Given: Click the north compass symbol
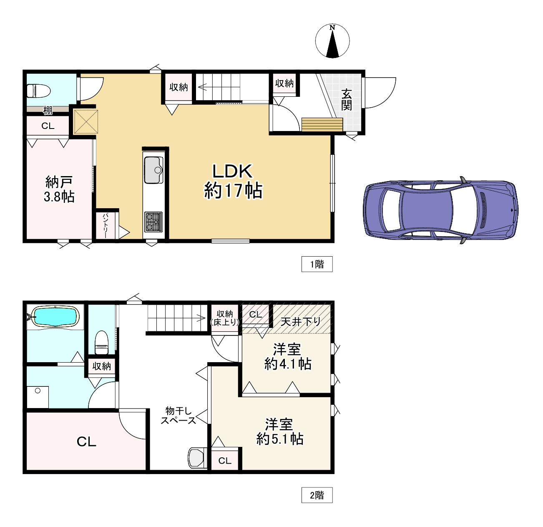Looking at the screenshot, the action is coord(332,41).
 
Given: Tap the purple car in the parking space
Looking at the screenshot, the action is coord(440,210).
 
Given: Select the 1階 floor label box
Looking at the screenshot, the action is coord(317,264).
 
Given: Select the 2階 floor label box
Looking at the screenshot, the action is coord(317,495).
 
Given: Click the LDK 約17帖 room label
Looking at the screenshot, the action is coord(233,182).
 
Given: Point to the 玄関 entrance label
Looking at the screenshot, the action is coord(346,100).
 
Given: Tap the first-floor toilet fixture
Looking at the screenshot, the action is coord(39,91).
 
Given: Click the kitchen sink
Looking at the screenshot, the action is coord(153,170).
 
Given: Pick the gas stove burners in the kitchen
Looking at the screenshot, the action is coord(153,222).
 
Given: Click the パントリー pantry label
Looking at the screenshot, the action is coord(106,226).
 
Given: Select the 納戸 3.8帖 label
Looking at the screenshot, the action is coord(59,189).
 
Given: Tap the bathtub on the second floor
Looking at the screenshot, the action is coord(55,316).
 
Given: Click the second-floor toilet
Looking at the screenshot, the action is coord(101,343).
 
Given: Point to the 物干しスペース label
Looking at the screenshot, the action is coord(178,415).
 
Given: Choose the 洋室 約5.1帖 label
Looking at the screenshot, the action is coord(279,432).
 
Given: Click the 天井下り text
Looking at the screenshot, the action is coord(301,322).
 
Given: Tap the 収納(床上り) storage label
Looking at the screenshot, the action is coord(225,318).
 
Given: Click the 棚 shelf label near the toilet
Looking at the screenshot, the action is coord(48,111).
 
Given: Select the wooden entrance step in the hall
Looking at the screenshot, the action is coord(322,124).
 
